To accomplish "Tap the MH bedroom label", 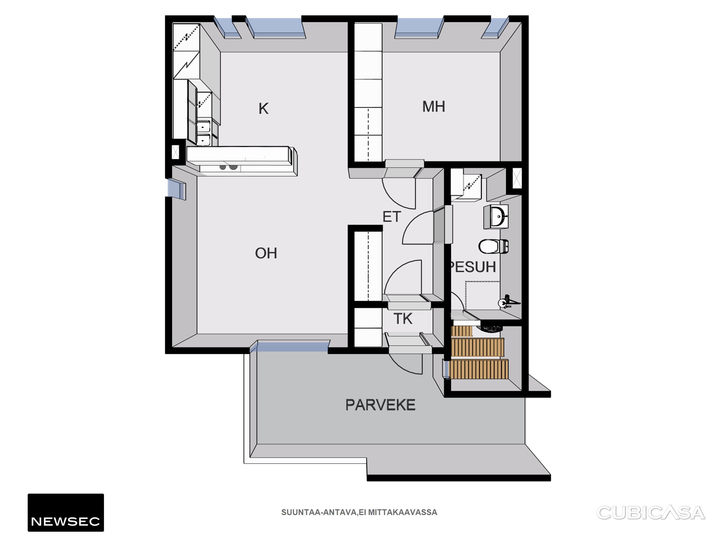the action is click(434, 107).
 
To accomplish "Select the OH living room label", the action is click(266, 253).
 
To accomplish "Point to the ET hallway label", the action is click(392, 217).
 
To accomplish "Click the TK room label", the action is click(403, 319).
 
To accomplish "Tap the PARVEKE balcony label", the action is click(380, 405).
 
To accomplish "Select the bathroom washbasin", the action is click(496, 216).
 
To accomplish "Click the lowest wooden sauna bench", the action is click(479, 369).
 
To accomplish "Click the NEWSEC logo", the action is click(66, 512).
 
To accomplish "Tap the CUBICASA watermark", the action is click(651, 513).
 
